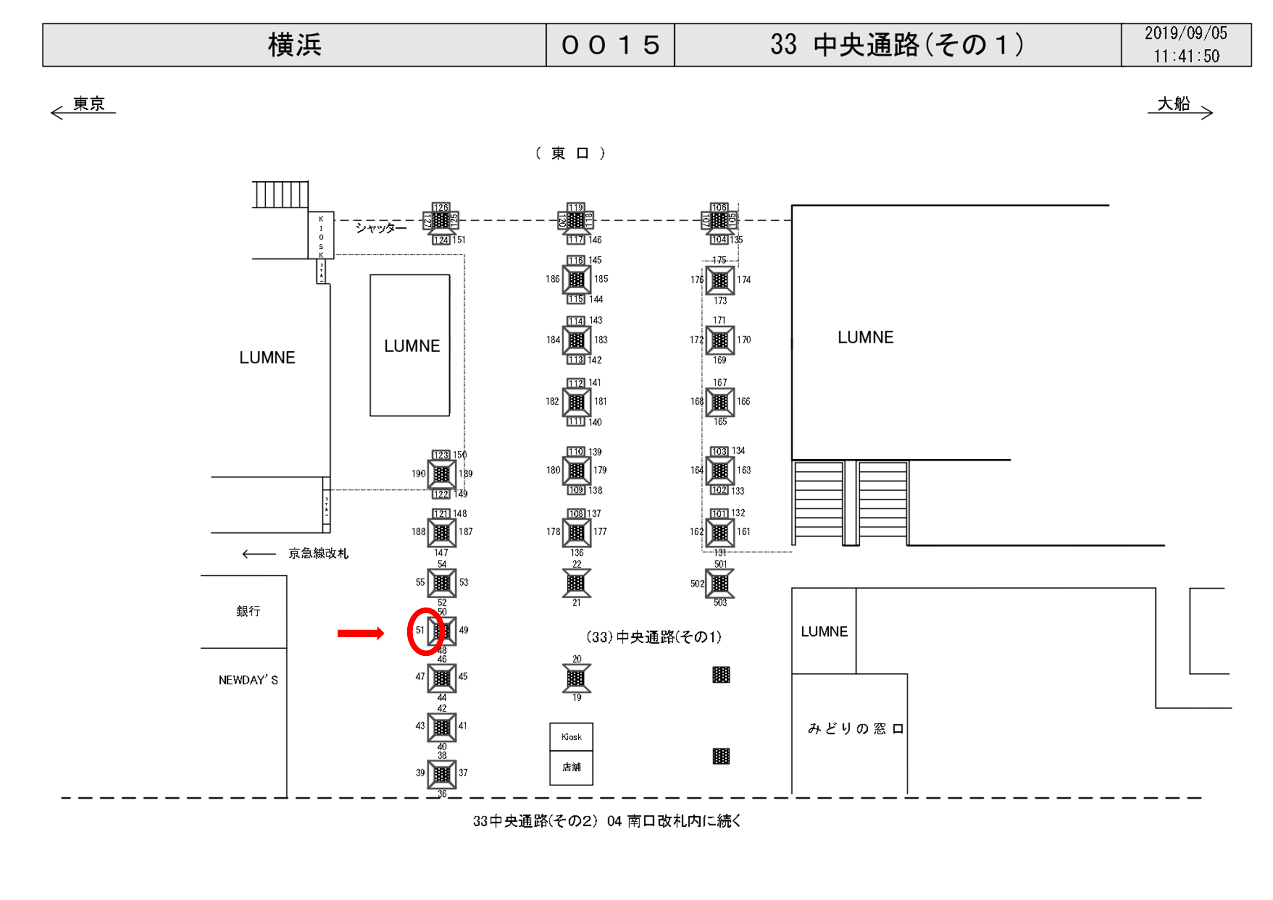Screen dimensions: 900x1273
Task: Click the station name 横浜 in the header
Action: click(x=294, y=45)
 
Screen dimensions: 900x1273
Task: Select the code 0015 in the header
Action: click(x=610, y=45)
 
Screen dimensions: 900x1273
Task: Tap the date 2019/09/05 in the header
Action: click(x=1186, y=33)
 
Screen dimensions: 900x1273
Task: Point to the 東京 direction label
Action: click(x=89, y=104)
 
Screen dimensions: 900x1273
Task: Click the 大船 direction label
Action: click(x=1174, y=104)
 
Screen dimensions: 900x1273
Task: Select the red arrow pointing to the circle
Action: click(x=360, y=634)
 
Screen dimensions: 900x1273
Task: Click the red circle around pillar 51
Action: click(x=426, y=632)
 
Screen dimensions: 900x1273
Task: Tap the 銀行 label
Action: click(x=248, y=611)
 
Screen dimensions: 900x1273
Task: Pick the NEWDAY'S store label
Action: click(x=248, y=680)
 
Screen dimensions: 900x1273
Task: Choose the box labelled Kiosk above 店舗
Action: click(x=571, y=737)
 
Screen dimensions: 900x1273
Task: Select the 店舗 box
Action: click(x=571, y=767)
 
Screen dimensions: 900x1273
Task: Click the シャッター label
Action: click(x=380, y=228)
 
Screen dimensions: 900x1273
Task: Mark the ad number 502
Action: click(x=697, y=583)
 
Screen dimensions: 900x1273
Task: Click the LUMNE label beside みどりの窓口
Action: click(x=824, y=632)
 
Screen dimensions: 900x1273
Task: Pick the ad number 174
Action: click(x=743, y=280)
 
